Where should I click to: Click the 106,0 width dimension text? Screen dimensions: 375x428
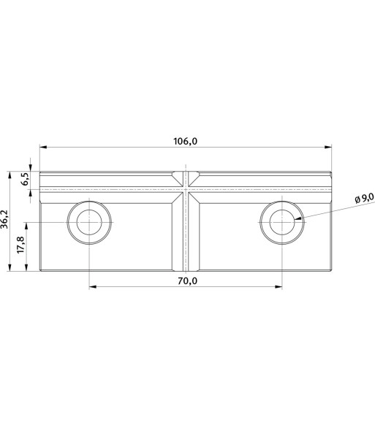pyautogui.click(x=185, y=142)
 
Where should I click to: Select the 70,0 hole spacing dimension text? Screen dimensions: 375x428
pyautogui.click(x=187, y=281)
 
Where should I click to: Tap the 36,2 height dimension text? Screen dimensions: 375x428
pyautogui.click(x=4, y=219)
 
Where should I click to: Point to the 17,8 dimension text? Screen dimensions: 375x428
pyautogui.click(x=20, y=245)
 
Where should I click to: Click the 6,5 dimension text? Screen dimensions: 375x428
pyautogui.click(x=26, y=180)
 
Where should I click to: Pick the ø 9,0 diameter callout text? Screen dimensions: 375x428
pyautogui.click(x=364, y=198)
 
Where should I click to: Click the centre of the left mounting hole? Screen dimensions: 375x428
pyautogui.click(x=89, y=223)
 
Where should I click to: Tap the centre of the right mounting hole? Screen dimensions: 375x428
pyautogui.click(x=282, y=223)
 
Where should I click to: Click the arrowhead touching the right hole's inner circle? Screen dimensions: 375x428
pyautogui.click(x=298, y=218)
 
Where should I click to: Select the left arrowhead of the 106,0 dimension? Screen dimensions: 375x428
pyautogui.click(x=43, y=147)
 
